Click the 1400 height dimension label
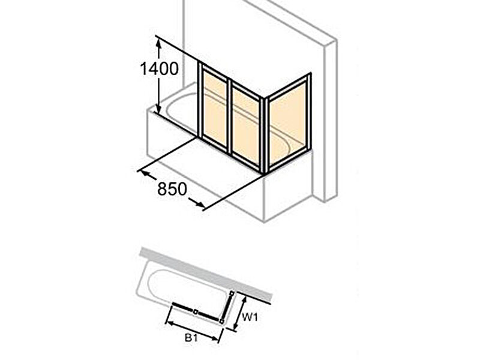(159, 68)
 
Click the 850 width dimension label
(172, 189)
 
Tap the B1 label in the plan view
(190, 338)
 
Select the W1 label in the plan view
(250, 317)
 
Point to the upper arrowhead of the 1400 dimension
(158, 44)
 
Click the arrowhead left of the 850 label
(145, 173)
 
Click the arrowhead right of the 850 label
(198, 202)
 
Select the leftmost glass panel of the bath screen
(215, 107)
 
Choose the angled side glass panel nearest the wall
(288, 123)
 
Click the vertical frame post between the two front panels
(230, 116)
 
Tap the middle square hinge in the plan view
(196, 312)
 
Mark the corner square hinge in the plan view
(221, 321)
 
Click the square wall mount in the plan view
(232, 293)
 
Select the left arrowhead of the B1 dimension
(169, 323)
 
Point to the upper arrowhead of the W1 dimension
(245, 300)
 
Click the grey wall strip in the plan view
(206, 273)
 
